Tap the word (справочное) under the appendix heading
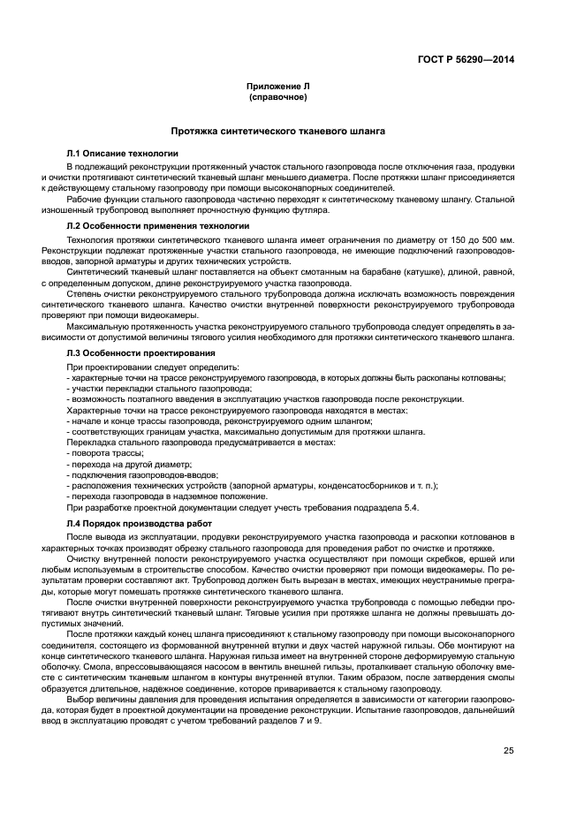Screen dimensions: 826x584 [x=277, y=97]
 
